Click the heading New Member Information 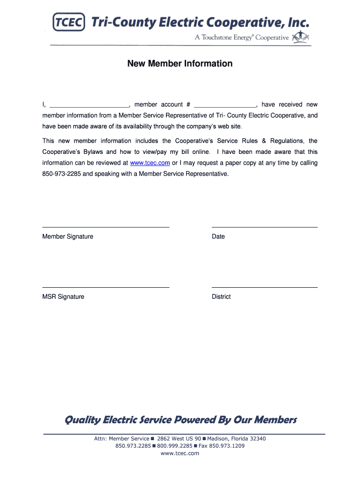(180, 64)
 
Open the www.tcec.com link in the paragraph (150, 163)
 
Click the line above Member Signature (106, 227)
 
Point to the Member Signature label (68, 237)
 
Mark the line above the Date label (265, 227)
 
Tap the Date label (218, 237)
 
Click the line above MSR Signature (106, 287)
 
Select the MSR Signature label (64, 297)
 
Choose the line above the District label (265, 287)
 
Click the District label (221, 297)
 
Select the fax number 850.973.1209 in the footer (227, 446)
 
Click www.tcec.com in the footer (180, 453)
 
